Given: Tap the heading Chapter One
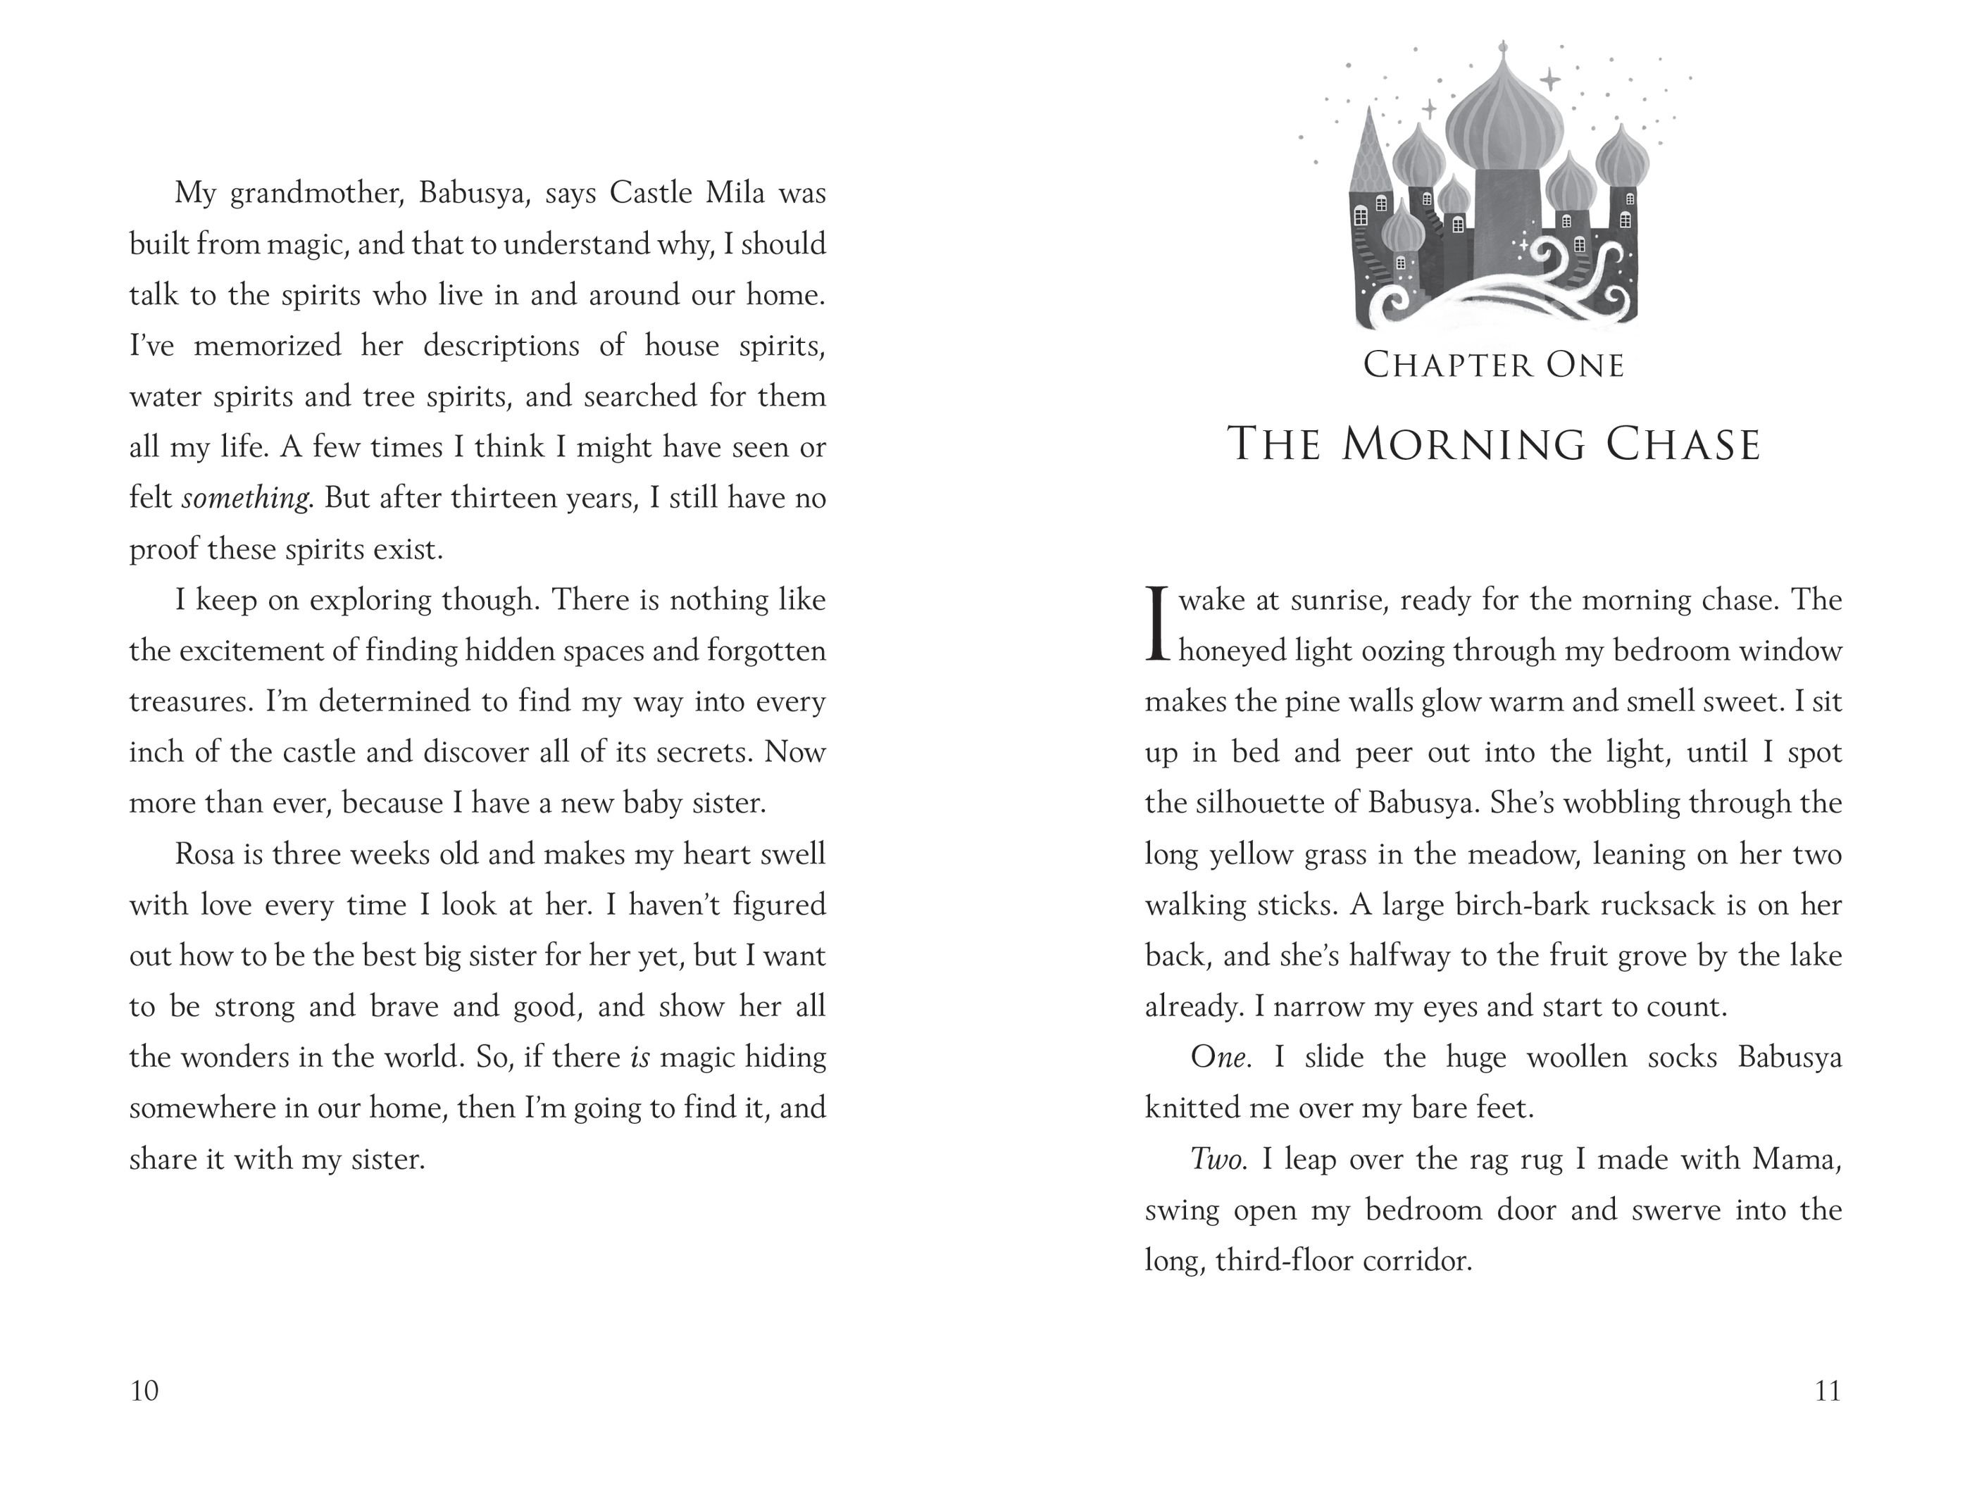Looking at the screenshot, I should [1493, 365].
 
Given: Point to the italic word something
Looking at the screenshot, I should [246, 498].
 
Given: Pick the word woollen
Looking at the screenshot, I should [1576, 1058].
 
